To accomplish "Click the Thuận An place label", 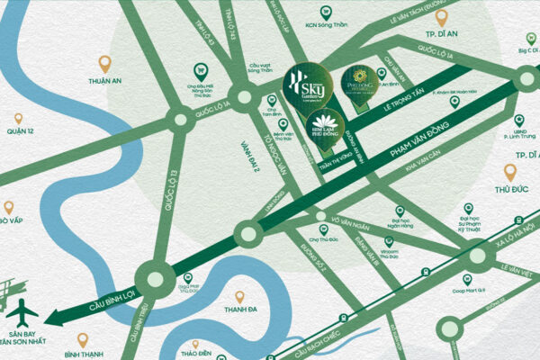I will [x=104, y=79].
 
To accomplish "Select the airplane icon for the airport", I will [x=22, y=312].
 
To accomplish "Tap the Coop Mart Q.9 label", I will [x=469, y=289].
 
